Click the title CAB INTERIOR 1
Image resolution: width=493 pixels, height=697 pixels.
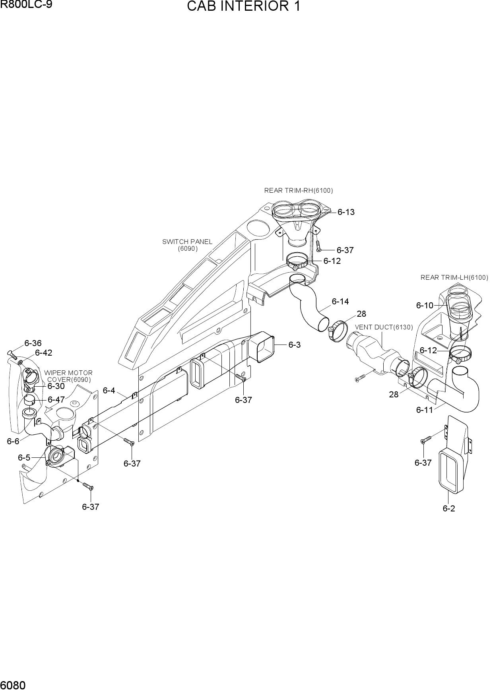tap(243, 7)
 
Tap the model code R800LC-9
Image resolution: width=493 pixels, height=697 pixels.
tap(26, 5)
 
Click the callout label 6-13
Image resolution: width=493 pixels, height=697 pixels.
tap(346, 212)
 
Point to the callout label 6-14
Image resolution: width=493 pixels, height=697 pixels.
tap(340, 302)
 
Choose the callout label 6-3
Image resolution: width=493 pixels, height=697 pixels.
tap(295, 345)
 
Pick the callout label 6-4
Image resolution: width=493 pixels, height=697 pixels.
tap(109, 391)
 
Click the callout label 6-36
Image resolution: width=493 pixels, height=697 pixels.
tap(33, 343)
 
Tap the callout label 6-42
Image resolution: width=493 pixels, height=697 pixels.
tap(44, 353)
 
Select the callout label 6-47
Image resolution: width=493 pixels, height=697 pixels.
tap(56, 399)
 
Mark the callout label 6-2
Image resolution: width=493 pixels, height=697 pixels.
tap(449, 508)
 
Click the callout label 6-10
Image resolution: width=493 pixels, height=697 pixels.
tap(425, 306)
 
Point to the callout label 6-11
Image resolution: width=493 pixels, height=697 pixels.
tap(425, 410)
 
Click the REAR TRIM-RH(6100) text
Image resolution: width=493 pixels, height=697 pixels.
tap(299, 191)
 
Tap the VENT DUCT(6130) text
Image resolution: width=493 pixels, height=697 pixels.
tap(384, 327)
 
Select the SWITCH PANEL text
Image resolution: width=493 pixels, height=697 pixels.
tap(187, 242)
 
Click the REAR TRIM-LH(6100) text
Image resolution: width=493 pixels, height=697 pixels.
tap(454, 277)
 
